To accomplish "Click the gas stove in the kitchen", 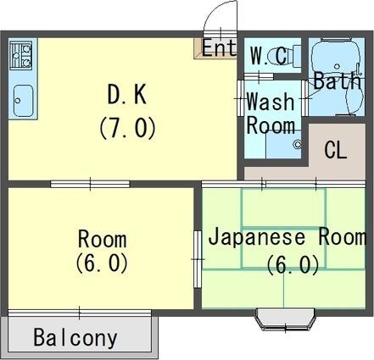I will coord(21,56).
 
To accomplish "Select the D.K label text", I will coord(127,94).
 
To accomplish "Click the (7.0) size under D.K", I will coord(127,128).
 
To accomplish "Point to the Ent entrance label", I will coord(219,47).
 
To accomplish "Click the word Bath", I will coord(337,81).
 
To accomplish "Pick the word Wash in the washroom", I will coord(270,102).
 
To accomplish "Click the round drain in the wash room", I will coord(298,145).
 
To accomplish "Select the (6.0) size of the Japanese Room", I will coord(293,265).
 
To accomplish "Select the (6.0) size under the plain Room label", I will coord(102,263).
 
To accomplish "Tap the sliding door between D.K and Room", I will coord(89,183).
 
